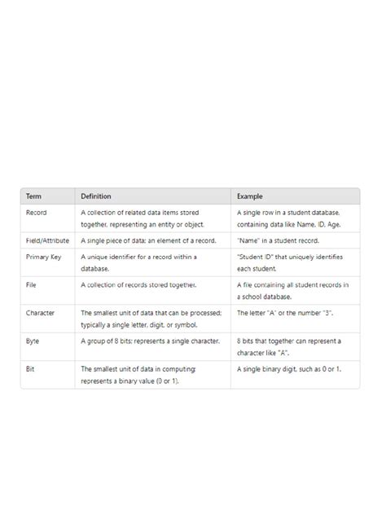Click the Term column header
(33, 196)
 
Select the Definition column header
(96, 196)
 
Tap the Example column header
(250, 196)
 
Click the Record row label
(37, 213)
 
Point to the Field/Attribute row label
(48, 241)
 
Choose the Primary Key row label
(43, 257)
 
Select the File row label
(31, 285)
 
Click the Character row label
(41, 313)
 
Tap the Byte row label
(33, 341)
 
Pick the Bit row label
(30, 369)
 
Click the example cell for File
(292, 290)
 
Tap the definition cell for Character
(151, 319)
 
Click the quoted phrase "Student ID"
(256, 257)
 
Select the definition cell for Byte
(150, 341)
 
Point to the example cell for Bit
(289, 369)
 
